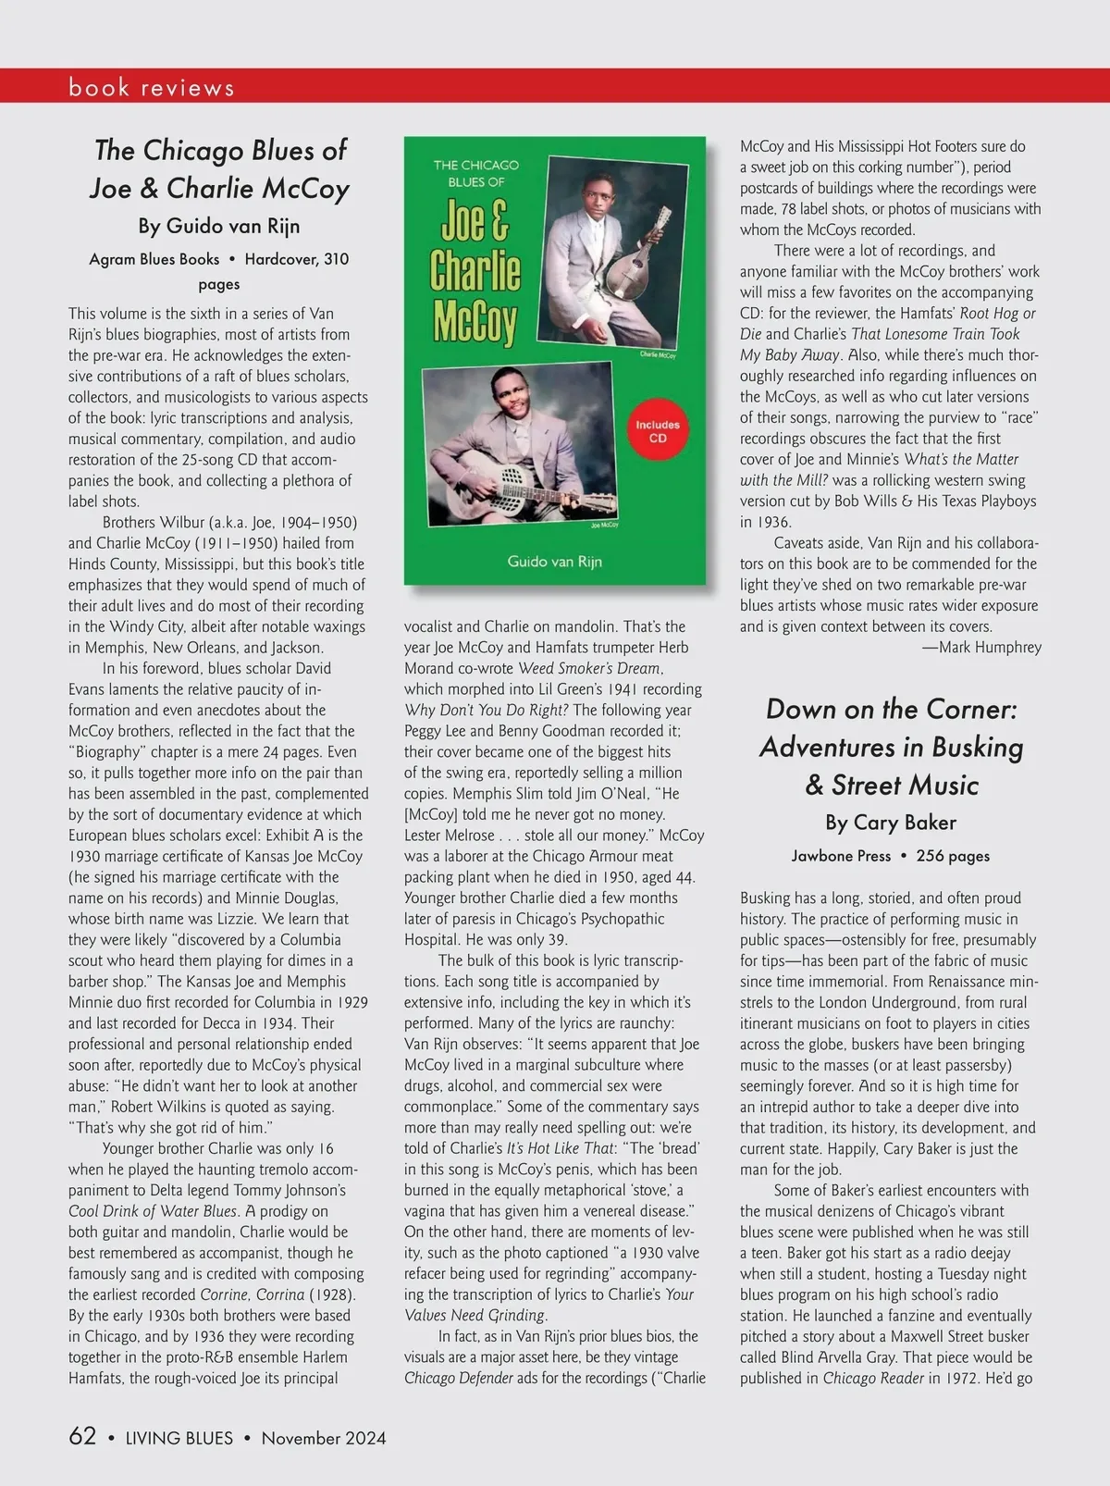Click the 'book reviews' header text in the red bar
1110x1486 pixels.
(x=152, y=87)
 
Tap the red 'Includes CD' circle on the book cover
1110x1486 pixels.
(x=658, y=431)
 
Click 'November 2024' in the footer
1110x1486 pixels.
(x=324, y=1438)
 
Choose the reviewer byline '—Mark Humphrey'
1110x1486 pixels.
(x=981, y=647)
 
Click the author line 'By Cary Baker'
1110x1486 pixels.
(x=891, y=822)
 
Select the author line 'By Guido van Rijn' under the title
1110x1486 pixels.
(x=219, y=225)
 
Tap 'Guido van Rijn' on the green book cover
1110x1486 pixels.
(x=554, y=561)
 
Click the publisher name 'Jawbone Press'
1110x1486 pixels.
(x=841, y=856)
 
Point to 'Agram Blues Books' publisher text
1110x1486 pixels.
(x=154, y=259)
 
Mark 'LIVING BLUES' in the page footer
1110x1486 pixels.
(x=179, y=1438)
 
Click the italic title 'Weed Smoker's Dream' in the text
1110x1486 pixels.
(x=589, y=668)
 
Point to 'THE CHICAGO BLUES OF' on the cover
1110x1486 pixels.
(x=476, y=173)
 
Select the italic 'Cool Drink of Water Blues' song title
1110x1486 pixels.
(x=154, y=1210)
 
